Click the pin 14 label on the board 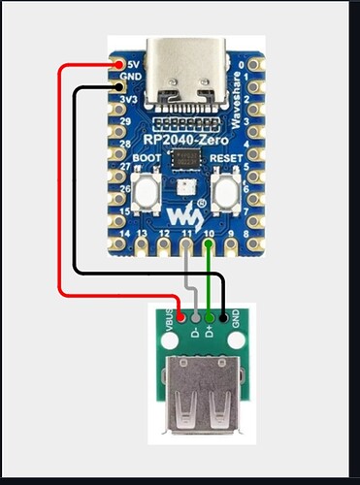tap(122, 234)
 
